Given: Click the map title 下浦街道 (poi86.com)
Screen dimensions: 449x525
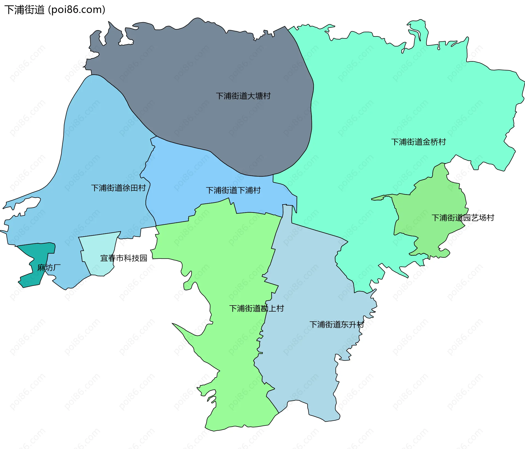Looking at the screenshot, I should pyautogui.click(x=55, y=10).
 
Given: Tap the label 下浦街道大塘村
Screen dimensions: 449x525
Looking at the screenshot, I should pyautogui.click(x=243, y=96).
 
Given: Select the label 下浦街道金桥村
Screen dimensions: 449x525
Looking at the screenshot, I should pyautogui.click(x=418, y=142).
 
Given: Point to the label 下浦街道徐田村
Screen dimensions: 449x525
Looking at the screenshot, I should pyautogui.click(x=118, y=188).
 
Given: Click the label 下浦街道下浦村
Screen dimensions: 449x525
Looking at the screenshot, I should pyautogui.click(x=233, y=190).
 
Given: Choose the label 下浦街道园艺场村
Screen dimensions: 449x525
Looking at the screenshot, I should pyautogui.click(x=463, y=218).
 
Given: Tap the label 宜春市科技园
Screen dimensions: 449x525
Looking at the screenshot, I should pyautogui.click(x=124, y=258).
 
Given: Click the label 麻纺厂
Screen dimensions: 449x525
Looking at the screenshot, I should pyautogui.click(x=49, y=267).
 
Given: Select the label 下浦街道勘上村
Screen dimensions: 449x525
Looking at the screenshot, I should pyautogui.click(x=256, y=309).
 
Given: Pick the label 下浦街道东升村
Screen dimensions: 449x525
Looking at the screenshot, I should pyautogui.click(x=336, y=324).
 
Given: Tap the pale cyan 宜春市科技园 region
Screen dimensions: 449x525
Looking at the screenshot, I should pyautogui.click(x=98, y=246).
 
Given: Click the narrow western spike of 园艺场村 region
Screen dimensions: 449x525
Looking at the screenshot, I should pyautogui.click(x=379, y=198).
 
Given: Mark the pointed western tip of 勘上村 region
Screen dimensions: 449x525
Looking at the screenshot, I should pyautogui.click(x=174, y=324).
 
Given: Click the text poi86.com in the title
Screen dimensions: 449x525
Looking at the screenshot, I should pyautogui.click(x=77, y=10).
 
